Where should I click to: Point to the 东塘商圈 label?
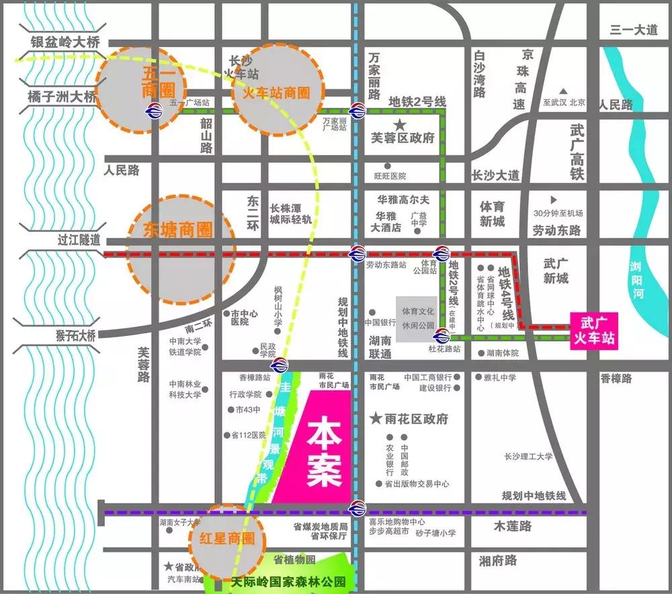tap(178, 230)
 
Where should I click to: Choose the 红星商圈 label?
tap(229, 538)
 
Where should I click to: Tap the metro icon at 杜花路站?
tap(442, 337)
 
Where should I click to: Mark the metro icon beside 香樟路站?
tap(280, 366)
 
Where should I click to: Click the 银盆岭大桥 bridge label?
tap(65, 42)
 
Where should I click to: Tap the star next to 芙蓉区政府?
tap(400, 125)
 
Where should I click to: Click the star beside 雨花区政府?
tap(376, 419)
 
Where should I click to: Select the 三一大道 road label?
tap(634, 30)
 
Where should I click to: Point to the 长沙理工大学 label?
tap(528, 457)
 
